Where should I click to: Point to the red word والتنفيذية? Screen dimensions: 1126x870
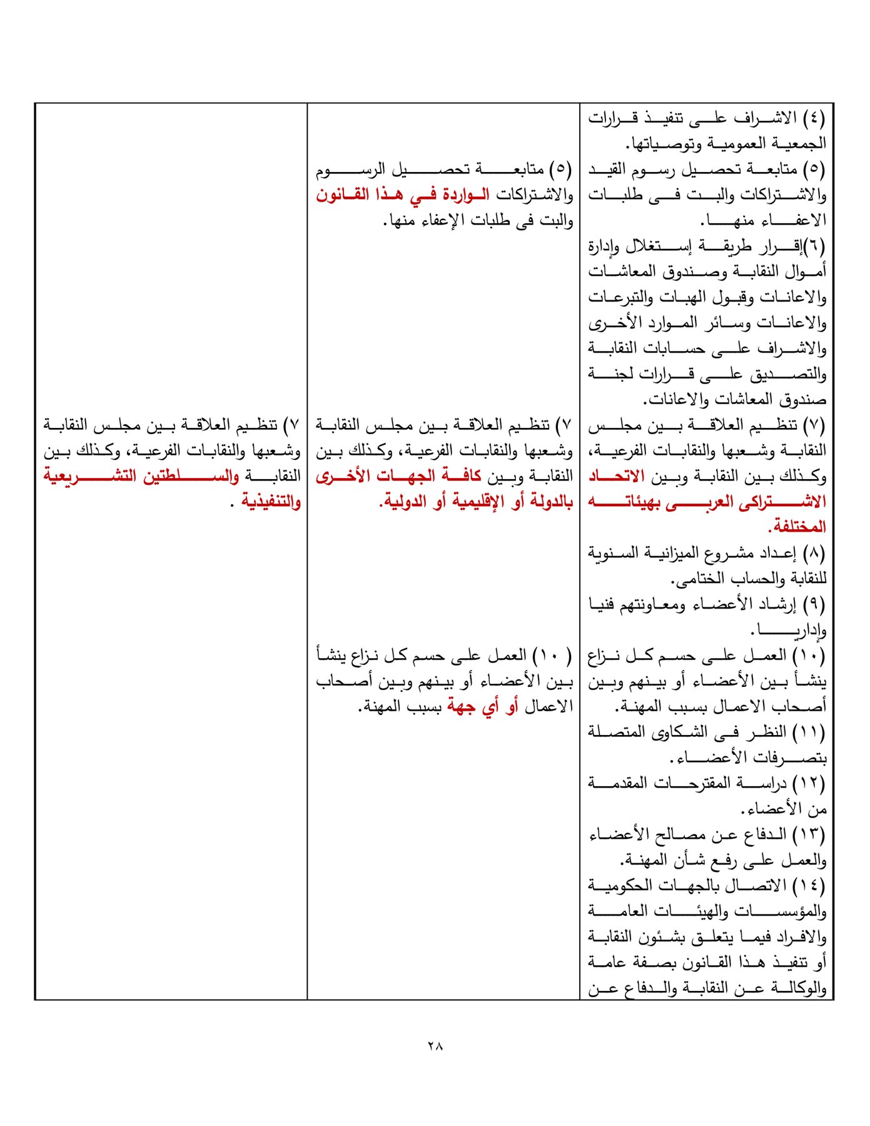point(271,502)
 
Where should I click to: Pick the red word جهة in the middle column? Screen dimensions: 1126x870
point(461,707)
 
